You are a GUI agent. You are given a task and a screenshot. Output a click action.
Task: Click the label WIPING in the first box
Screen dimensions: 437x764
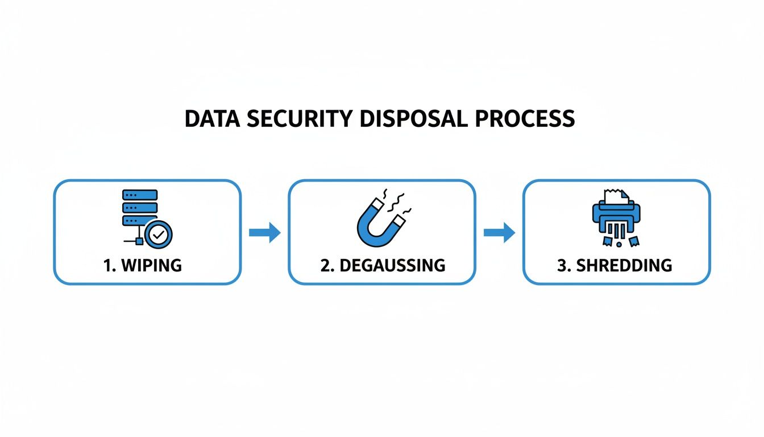pos(152,265)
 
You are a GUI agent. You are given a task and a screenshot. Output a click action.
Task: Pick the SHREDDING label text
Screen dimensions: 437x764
pos(624,265)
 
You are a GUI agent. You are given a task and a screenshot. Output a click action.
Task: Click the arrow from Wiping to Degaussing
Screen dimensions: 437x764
pos(265,232)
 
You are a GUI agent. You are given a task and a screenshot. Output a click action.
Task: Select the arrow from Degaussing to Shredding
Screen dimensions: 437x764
pos(499,232)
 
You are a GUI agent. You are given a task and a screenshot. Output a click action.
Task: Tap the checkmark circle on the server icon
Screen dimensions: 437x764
pos(158,233)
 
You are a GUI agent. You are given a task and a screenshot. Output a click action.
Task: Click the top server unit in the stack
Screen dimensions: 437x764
pos(140,195)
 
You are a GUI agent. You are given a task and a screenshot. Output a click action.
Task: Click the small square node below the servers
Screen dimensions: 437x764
pos(139,241)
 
